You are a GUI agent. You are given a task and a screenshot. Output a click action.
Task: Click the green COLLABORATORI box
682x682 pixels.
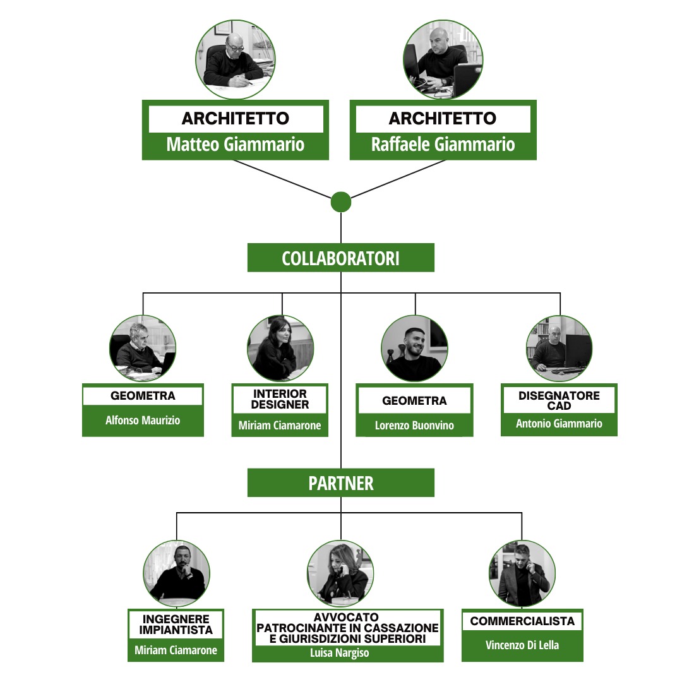[x=340, y=258]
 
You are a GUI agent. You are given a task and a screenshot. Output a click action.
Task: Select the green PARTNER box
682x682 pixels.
[x=340, y=482]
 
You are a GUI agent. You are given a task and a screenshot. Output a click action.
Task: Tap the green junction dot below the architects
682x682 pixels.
[x=340, y=202]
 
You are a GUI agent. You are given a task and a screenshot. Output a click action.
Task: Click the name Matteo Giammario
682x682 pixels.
[x=236, y=145]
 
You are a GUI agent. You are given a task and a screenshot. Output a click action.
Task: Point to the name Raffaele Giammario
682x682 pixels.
[x=443, y=145]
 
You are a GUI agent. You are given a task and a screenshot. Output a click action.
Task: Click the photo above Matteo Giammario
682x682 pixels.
[x=236, y=59]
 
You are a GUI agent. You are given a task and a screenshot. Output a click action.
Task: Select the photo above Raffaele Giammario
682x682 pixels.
[x=443, y=59]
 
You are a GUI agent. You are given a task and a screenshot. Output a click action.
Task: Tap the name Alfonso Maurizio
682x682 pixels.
[x=143, y=420]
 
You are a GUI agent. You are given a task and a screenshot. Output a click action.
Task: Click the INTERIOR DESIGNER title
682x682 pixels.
[x=280, y=399]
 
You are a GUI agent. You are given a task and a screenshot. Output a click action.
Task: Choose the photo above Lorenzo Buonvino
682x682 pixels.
[x=414, y=349]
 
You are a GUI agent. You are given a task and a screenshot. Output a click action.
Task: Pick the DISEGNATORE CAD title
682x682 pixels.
[x=559, y=400]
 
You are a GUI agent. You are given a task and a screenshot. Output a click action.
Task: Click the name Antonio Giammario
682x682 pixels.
[x=559, y=423]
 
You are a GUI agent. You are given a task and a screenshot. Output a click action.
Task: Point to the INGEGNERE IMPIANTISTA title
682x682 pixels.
[x=176, y=624]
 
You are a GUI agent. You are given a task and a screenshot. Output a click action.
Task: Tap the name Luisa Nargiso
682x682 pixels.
[x=339, y=652]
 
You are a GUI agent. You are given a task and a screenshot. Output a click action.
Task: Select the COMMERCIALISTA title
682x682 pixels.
[x=522, y=621]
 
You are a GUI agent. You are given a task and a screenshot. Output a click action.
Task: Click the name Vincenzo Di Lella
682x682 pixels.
[x=522, y=645]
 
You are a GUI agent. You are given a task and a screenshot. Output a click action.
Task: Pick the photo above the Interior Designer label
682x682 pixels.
[x=280, y=349]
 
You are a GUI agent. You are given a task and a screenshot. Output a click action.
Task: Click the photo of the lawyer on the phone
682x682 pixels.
[x=340, y=573]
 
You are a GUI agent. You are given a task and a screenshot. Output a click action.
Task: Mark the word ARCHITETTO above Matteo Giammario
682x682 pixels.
[x=236, y=118]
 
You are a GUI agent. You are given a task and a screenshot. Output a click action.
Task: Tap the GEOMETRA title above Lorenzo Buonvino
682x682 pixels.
[x=414, y=400]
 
